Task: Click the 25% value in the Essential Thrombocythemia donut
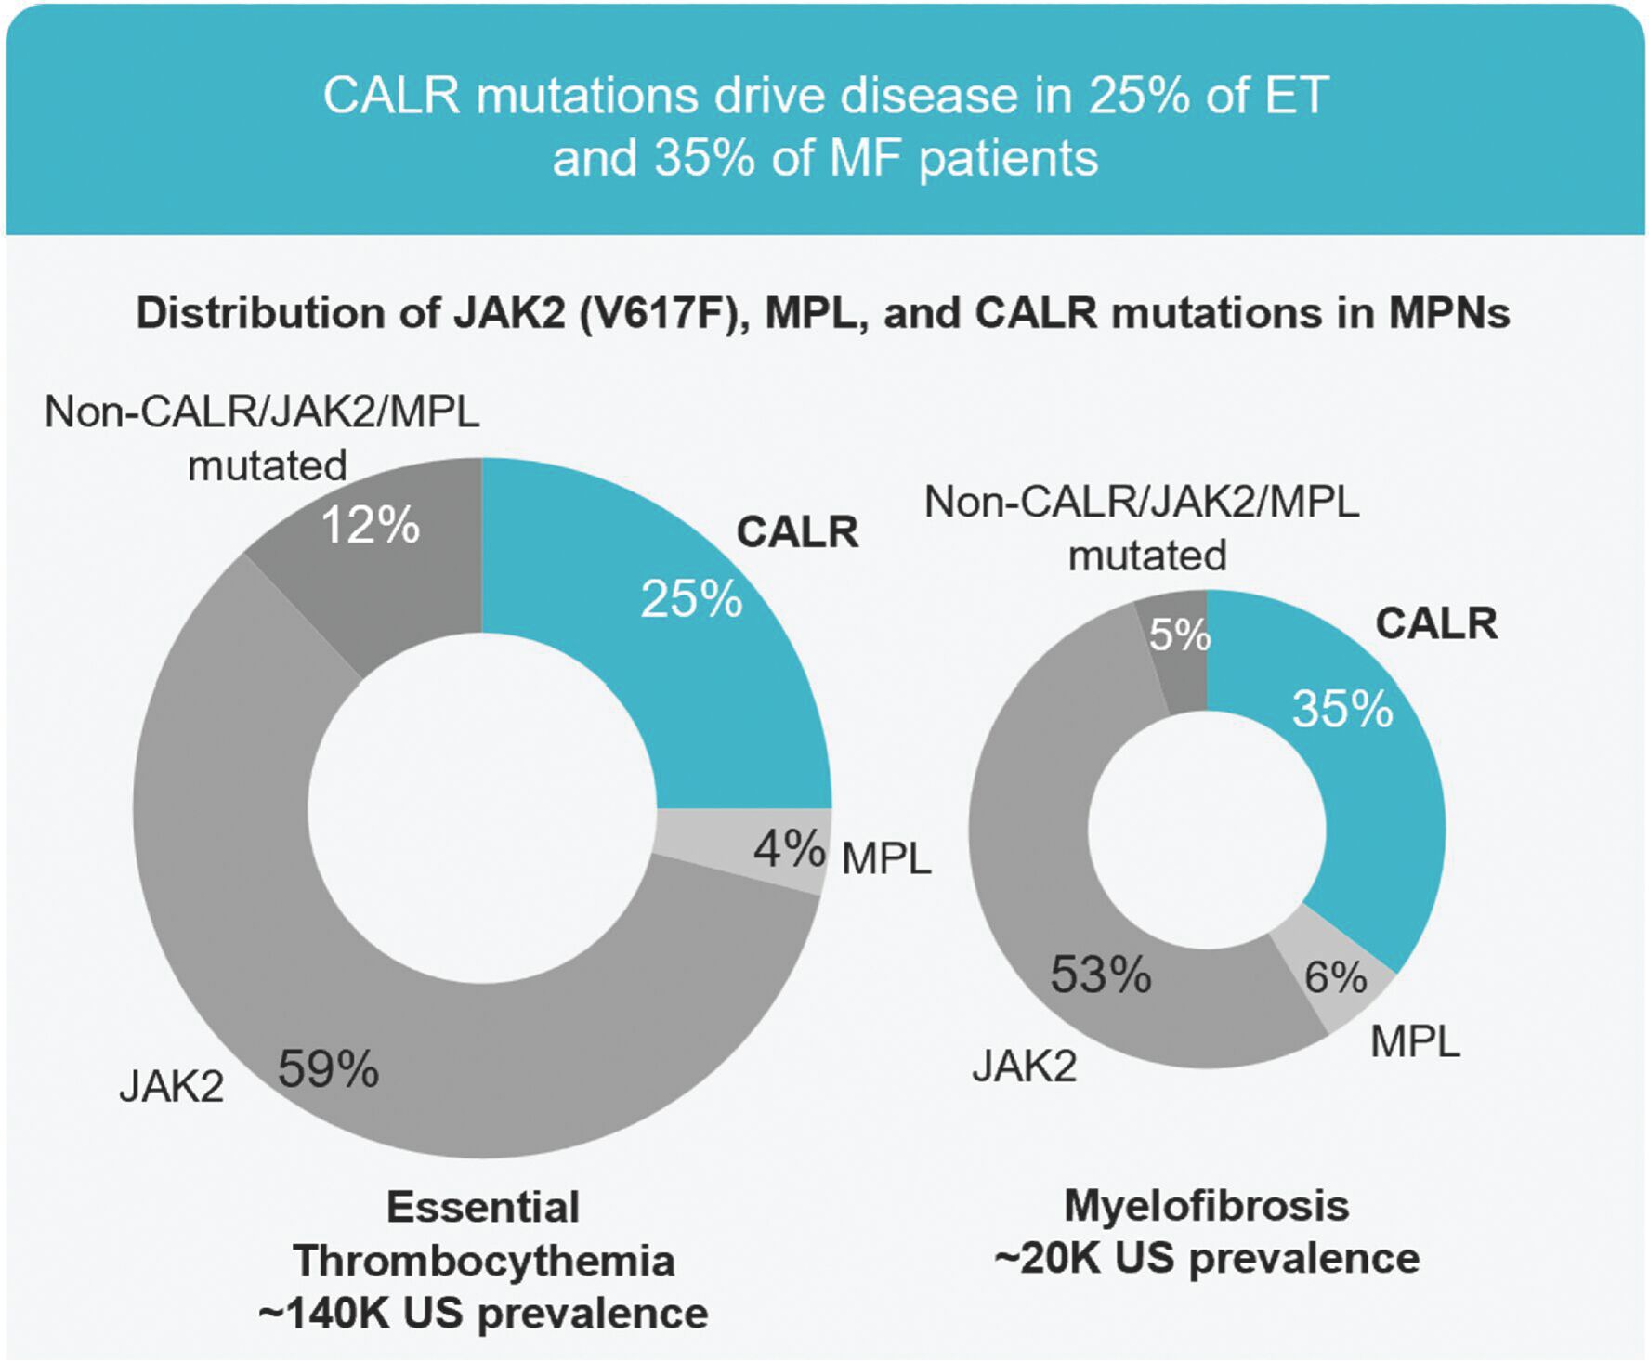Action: pos(691,599)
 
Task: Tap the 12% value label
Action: pos(370,526)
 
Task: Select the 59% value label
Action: pos(328,1069)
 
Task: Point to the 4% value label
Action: pos(789,849)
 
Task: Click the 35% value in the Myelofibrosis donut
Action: pos(1342,709)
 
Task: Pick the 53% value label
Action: pos(1101,975)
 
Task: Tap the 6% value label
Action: pos(1335,977)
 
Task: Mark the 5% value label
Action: pos(1180,635)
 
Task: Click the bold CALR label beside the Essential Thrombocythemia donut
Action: pos(797,532)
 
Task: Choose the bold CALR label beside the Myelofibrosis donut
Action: pos(1436,623)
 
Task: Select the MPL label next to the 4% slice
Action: pos(885,859)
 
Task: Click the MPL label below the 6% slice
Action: pos(1415,1042)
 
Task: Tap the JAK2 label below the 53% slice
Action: pos(1025,1067)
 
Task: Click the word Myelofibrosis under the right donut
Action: pos(1206,1206)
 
